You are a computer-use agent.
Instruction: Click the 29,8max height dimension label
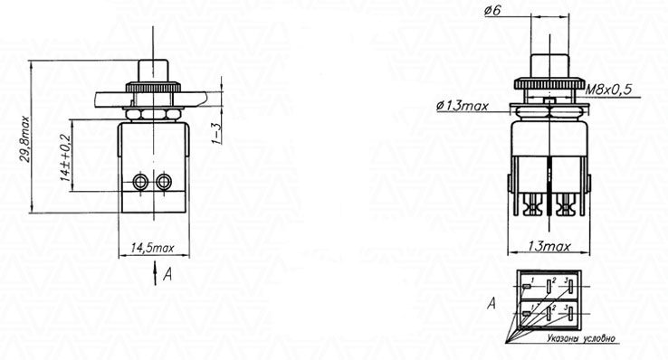coord(26,138)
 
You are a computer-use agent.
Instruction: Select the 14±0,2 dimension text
coord(65,158)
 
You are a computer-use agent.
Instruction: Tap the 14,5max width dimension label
coord(152,248)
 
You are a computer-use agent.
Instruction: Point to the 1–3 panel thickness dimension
coord(217,133)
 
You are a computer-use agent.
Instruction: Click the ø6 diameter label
coord(492,11)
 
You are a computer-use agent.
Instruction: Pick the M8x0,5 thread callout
coord(608,90)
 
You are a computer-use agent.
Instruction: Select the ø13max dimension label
coord(463,105)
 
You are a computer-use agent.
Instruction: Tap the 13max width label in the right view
coord(549,246)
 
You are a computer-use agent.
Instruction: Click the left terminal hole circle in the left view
coord(139,182)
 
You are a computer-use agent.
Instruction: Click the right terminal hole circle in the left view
coord(164,182)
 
